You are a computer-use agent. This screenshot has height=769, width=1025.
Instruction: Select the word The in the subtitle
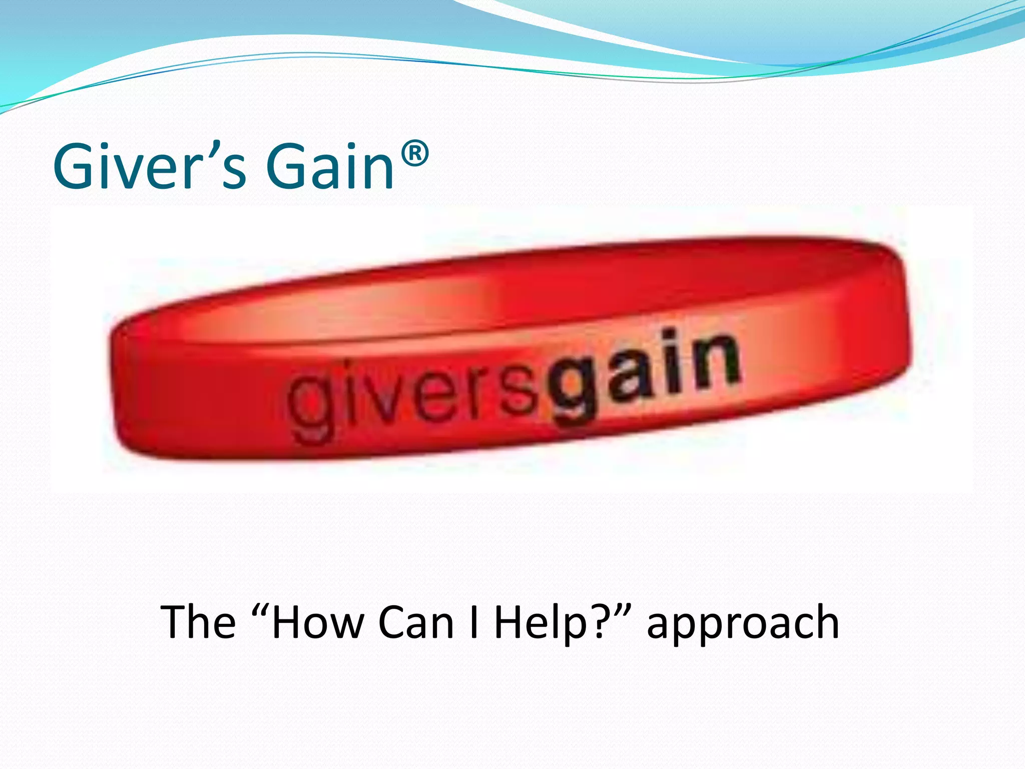[198, 622]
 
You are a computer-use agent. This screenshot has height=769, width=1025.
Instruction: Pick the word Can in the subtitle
[416, 622]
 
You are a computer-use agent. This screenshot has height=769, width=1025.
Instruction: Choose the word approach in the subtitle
[743, 626]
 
